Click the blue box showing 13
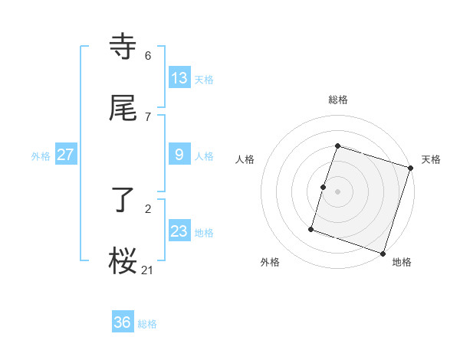pos(179,77)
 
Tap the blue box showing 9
pos(179,155)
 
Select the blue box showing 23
pos(179,231)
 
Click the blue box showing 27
pos(66,155)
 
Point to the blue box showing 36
pos(123,322)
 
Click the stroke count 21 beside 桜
pos(148,269)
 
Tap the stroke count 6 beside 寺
pos(148,56)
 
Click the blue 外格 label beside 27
pos(41,155)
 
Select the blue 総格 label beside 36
pos(147,324)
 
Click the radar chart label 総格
pos(338,100)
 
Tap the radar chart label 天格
pos(431,159)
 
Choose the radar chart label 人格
pos(245,159)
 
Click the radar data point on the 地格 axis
pos(383,253)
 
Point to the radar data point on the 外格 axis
pos(311,228)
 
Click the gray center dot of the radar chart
pos(338,191)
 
